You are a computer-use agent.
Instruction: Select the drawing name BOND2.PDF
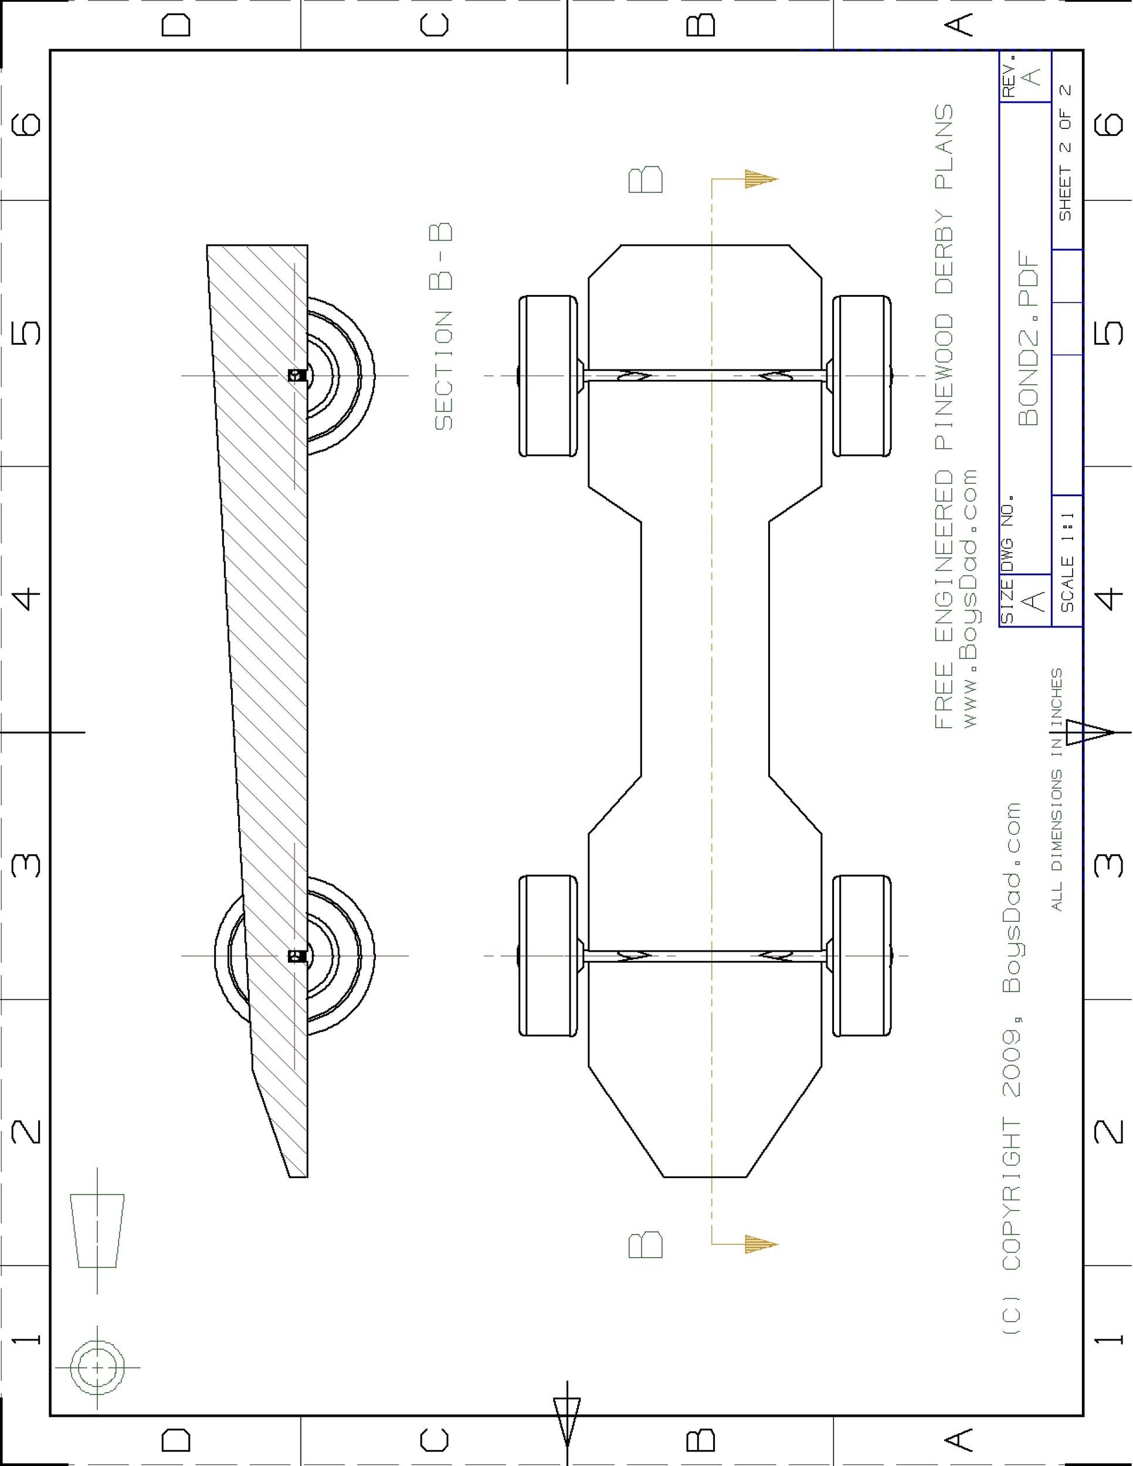click(1027, 338)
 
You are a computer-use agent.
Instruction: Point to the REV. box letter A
click(1033, 76)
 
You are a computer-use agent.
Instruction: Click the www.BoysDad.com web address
click(970, 598)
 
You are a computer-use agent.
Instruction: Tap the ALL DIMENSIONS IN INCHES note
click(1057, 789)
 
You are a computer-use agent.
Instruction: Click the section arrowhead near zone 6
click(761, 179)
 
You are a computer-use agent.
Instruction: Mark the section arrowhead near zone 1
click(761, 1244)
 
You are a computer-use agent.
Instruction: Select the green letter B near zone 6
click(646, 180)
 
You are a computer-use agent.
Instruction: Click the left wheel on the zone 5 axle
click(548, 376)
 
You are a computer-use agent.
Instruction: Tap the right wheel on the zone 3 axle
click(863, 955)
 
